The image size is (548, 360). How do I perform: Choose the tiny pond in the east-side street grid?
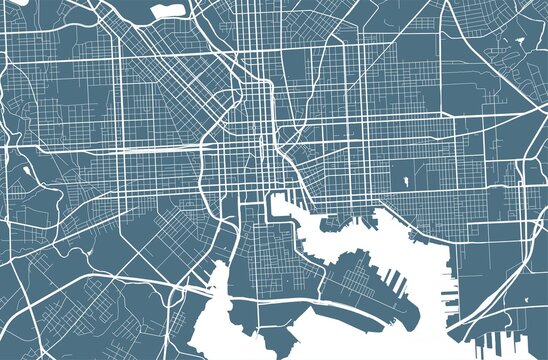click(x=408, y=181)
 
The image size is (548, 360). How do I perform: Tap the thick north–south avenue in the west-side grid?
click(x=121, y=120)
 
